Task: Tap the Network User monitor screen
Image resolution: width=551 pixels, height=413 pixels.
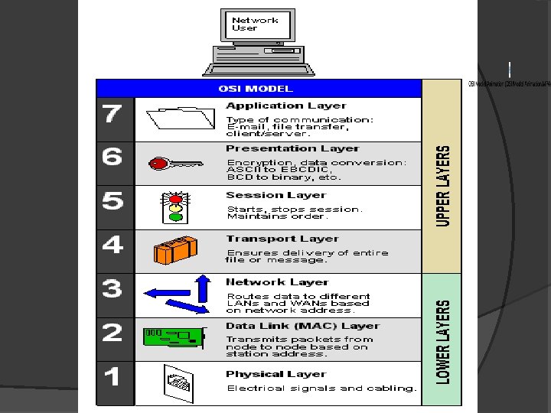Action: tap(256, 24)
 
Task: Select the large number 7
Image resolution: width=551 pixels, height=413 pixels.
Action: tap(112, 115)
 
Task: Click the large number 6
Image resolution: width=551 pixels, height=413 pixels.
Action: tap(112, 158)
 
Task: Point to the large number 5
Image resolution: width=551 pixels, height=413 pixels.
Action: tap(112, 201)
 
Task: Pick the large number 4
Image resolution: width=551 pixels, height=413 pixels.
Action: tap(112, 246)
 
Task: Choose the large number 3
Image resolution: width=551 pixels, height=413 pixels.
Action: tap(112, 289)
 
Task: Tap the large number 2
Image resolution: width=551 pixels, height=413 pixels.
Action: tap(112, 333)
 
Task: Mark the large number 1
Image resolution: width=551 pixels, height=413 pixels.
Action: tap(112, 376)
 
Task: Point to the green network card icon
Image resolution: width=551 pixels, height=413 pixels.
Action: tap(173, 337)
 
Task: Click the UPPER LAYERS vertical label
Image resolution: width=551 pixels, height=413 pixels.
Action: tap(443, 186)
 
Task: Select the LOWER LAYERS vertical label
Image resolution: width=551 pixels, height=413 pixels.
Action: tap(443, 340)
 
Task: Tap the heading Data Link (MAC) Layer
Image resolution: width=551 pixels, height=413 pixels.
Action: tap(302, 326)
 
